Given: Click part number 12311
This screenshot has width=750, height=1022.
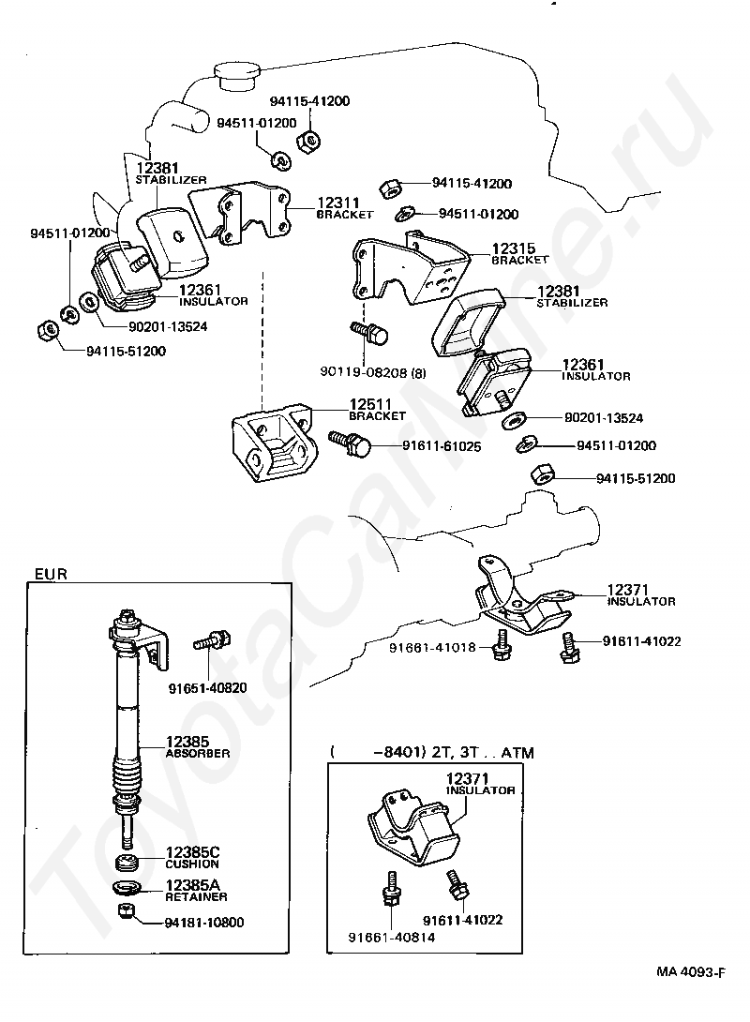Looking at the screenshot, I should [337, 202].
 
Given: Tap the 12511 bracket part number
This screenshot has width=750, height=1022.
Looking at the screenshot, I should [369, 404].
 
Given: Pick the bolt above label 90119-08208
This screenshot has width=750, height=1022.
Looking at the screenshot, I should [369, 333].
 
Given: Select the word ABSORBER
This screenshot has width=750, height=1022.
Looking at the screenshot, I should [197, 753].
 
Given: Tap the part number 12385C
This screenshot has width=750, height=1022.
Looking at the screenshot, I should [192, 851].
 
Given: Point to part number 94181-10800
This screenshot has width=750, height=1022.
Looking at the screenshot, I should [204, 923].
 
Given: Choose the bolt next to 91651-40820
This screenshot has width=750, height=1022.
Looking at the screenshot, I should [211, 644].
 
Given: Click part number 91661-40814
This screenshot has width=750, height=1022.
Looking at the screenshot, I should [391, 937].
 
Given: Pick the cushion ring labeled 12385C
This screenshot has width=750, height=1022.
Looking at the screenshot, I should [127, 862].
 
